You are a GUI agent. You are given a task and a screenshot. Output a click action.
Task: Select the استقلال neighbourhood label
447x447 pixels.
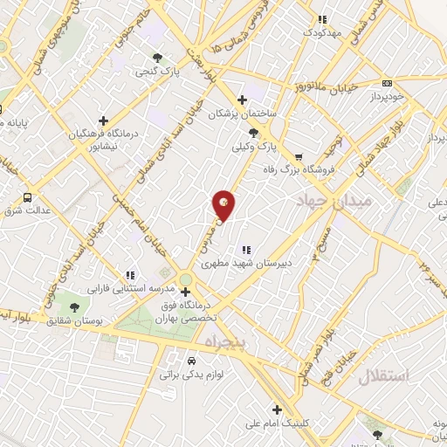coord(383,376)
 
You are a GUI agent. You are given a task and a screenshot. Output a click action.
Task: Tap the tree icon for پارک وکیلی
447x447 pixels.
coord(253,133)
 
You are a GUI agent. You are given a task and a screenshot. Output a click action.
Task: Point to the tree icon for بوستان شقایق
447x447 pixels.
coord(74,307)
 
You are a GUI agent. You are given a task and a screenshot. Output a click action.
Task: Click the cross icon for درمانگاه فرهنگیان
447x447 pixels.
coord(103,120)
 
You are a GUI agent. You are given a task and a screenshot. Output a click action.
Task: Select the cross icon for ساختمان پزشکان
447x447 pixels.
coord(242,100)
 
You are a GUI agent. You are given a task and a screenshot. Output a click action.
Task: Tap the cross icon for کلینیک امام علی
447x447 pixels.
coord(277,409)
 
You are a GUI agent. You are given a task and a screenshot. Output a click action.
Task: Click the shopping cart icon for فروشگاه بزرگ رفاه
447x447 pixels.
coord(299,157)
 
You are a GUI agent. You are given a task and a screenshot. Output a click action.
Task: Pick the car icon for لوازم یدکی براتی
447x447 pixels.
coord(192,360)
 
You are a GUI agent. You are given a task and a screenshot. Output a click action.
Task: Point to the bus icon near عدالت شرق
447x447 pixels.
coord(27,197)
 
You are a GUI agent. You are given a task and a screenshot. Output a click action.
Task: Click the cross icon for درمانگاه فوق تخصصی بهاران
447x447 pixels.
coord(185,292)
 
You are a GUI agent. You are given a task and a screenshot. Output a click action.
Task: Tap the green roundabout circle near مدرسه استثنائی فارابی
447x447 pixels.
coord(185,279)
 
